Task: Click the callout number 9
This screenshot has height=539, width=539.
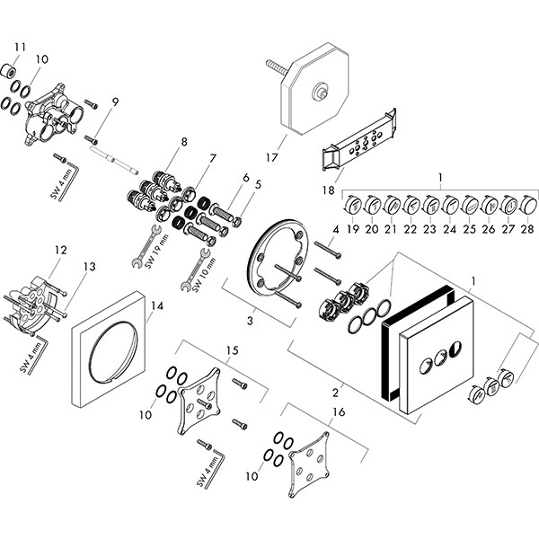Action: click(x=115, y=102)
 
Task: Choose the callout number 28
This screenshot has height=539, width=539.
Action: click(x=526, y=230)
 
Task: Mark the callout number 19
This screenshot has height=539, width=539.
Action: click(x=353, y=230)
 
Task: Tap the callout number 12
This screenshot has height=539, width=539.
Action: click(x=60, y=250)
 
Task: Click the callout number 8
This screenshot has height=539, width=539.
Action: click(x=183, y=141)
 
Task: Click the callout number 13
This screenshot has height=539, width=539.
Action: click(x=89, y=267)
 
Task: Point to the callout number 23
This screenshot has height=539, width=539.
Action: click(x=430, y=230)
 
